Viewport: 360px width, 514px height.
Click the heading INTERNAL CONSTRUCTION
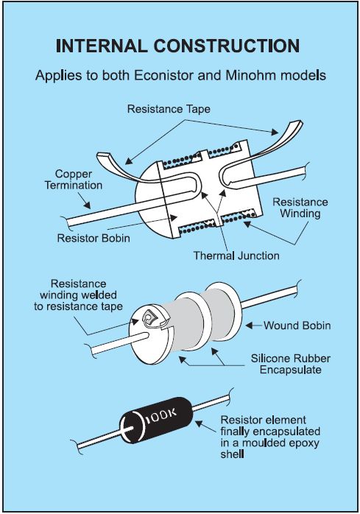[x=177, y=46]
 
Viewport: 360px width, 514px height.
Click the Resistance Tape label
[x=169, y=109]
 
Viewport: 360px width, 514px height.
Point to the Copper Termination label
[x=74, y=180]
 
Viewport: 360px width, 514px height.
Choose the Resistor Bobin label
[x=93, y=238]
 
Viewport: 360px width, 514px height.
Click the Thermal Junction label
[x=236, y=256]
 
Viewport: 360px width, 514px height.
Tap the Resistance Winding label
[x=300, y=208]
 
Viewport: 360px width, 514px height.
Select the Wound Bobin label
[x=297, y=325]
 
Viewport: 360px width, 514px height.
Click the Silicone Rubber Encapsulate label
[x=291, y=364]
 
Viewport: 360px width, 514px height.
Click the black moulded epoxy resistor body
[x=156, y=420]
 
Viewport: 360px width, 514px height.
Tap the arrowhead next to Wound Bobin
[x=249, y=325]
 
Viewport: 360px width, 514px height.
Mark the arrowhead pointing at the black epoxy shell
[x=200, y=424]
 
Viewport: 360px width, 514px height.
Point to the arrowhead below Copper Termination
[x=87, y=205]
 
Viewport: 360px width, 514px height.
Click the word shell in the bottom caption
[x=232, y=454]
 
